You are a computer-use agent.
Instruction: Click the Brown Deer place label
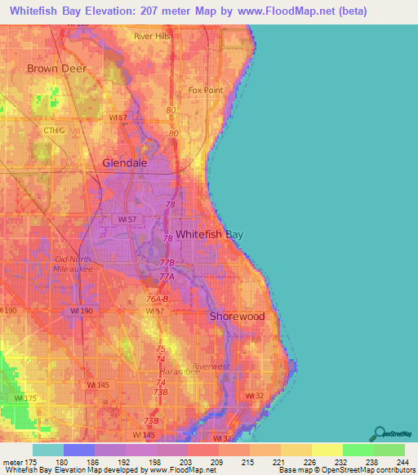pos(54,69)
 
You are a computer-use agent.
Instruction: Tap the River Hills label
pos(153,37)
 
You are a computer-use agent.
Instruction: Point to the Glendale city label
pos(125,162)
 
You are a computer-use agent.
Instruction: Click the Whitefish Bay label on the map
pos(210,234)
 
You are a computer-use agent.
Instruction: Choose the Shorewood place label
pos(237,316)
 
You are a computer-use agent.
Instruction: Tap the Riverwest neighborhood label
pos(211,366)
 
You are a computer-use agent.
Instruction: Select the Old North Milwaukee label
pos(73,264)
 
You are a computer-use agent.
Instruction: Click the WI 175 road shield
pos(24,397)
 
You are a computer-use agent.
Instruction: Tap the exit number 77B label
pos(167,263)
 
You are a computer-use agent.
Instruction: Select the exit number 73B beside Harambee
pos(162,392)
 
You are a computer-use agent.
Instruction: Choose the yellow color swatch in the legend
pos(327,450)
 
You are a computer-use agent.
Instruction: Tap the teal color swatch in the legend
pos(48,450)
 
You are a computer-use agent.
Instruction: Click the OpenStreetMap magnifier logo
pos(378,433)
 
